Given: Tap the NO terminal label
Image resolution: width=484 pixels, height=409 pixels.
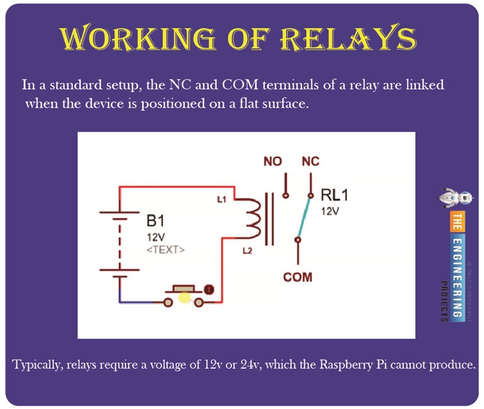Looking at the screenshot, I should click(272, 161).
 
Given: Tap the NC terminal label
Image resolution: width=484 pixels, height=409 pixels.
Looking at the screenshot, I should click(310, 161).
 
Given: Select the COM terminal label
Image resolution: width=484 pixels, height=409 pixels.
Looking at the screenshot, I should click(297, 277).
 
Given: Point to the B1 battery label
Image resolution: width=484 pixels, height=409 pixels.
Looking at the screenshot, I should click(156, 221).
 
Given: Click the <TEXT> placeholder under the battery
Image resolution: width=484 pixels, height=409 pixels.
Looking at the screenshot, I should click(165, 250).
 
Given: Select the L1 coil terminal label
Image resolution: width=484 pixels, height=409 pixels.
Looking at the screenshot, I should click(221, 200).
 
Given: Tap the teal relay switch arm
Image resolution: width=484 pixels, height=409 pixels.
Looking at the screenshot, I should click(304, 218).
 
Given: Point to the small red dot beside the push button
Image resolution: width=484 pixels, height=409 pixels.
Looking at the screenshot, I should click(209, 291).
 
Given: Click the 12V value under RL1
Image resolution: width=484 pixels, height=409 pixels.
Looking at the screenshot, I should click(330, 212).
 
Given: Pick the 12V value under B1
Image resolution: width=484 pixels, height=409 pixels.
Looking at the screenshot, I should click(155, 237).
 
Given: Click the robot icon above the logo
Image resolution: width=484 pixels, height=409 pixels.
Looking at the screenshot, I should click(455, 197).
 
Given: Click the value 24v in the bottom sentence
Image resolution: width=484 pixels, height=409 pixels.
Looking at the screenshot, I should click(253, 364).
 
